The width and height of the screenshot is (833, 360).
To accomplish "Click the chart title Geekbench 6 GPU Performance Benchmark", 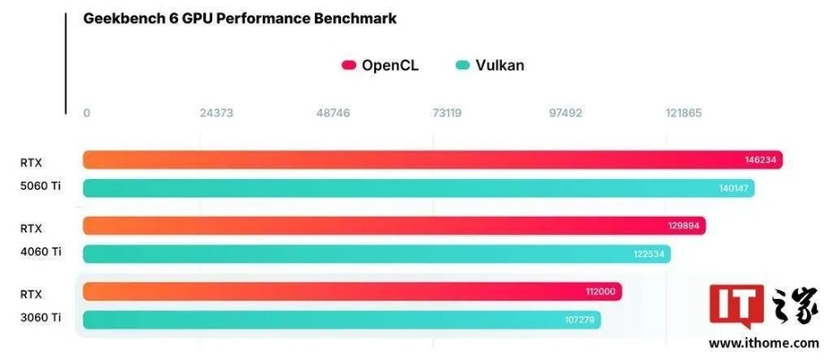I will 239,18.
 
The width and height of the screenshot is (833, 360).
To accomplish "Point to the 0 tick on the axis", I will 86,113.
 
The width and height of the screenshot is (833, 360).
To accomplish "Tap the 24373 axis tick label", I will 217,113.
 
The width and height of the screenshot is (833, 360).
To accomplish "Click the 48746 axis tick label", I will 333,113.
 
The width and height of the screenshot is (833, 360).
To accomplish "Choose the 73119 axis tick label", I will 447,113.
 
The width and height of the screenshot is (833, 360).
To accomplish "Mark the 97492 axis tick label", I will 565,113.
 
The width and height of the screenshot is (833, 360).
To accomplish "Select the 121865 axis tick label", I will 684,113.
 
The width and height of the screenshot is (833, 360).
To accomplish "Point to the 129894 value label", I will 685,226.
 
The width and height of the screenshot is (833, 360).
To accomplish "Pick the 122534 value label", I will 649,254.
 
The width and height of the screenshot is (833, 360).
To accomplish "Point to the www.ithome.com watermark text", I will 764,343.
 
